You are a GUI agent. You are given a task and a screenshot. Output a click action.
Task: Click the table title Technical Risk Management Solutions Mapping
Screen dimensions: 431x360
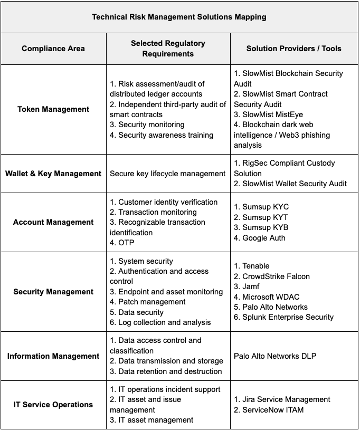(179, 17)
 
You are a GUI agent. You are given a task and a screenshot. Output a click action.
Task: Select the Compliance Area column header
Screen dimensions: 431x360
(53, 49)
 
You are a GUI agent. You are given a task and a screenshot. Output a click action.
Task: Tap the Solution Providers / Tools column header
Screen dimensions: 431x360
(293, 49)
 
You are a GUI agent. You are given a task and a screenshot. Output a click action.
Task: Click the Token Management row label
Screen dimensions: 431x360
(53, 109)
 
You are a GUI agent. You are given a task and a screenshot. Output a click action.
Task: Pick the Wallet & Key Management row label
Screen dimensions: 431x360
(53, 174)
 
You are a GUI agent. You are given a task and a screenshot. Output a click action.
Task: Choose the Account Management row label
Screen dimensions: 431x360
(53, 222)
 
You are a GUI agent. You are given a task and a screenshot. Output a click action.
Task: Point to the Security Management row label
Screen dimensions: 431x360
(53, 292)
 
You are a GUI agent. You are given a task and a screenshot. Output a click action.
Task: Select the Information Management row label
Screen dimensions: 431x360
(53, 356)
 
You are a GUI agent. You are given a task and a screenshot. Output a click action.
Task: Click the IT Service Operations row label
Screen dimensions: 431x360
(53, 405)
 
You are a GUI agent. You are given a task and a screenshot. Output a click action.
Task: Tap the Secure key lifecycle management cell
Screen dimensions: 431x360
(167, 174)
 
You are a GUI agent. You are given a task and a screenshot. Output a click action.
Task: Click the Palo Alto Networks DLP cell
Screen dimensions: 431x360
(275, 356)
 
